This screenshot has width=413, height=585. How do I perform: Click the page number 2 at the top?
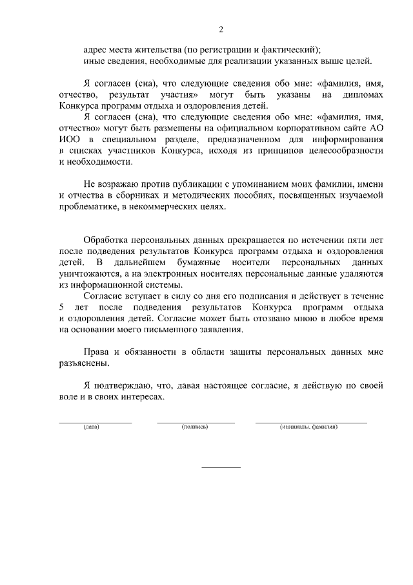click(x=221, y=30)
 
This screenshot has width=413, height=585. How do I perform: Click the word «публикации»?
click(x=185, y=184)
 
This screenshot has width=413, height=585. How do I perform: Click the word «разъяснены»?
click(x=83, y=363)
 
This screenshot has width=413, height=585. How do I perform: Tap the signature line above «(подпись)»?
click(x=196, y=421)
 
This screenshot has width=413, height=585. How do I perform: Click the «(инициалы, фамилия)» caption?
click(x=308, y=428)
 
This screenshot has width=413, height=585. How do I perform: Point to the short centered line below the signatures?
click(x=221, y=467)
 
